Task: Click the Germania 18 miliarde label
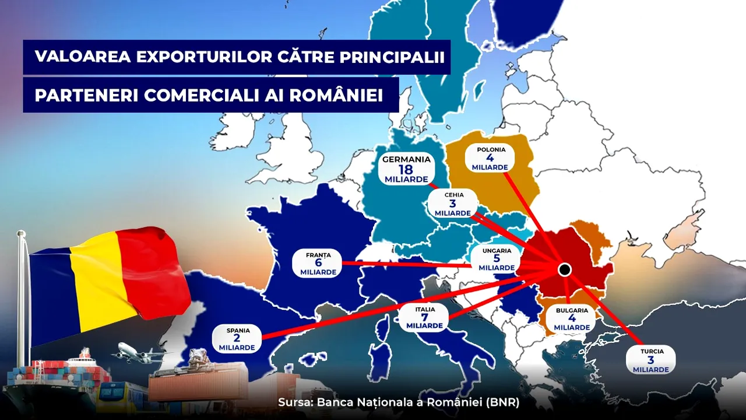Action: point(406,169)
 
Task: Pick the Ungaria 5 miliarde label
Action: point(497,259)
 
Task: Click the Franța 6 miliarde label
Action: point(318,264)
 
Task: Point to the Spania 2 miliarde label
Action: point(237,339)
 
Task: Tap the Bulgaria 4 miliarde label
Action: point(571,319)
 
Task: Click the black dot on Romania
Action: point(564,269)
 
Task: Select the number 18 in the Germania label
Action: point(406,169)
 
